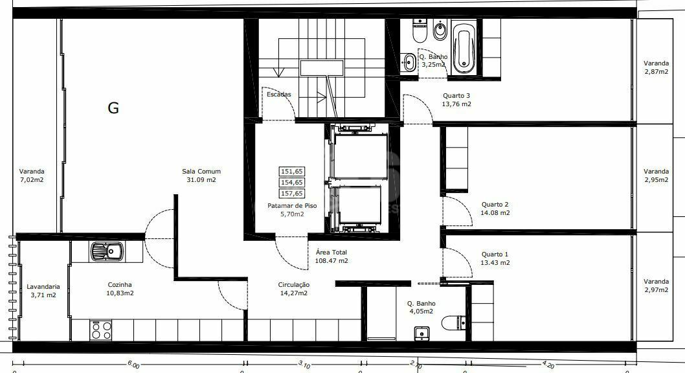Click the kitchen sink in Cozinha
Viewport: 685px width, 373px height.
pos(107,251)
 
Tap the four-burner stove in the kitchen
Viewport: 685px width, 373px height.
pos(101,330)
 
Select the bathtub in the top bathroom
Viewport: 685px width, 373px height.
pos(464,49)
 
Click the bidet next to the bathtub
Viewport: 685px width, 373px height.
pos(440,30)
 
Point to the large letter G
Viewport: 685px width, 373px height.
pos(113,107)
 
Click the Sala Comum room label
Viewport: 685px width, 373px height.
pos(201,175)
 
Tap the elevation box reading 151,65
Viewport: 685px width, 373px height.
pos(292,171)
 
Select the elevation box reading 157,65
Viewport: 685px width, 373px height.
pos(292,193)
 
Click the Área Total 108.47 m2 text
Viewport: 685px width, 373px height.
pos(331,256)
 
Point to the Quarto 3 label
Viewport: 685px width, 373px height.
pos(456,100)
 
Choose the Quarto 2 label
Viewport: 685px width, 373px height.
pos(495,209)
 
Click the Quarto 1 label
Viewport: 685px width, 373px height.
pos(495,258)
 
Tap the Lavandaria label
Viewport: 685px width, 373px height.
pos(43,291)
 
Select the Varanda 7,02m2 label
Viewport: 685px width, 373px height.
pos(32,175)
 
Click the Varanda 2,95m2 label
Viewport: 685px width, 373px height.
pos(656,175)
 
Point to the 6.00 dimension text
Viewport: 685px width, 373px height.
pos(133,365)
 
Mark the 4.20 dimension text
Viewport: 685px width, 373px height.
pos(548,365)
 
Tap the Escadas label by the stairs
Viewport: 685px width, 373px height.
pos(278,95)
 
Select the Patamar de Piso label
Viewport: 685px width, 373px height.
pos(292,206)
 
